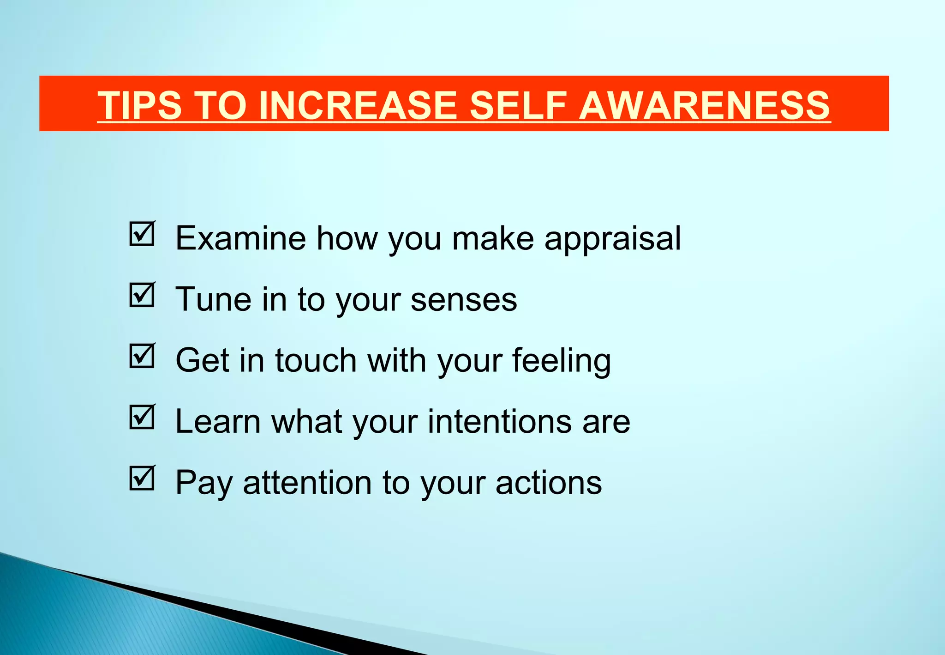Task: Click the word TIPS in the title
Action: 140,105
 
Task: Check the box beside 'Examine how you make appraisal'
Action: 142,234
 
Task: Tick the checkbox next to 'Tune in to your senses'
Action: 142,295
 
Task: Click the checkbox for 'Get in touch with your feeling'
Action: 142,356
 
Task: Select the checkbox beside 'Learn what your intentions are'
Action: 142,417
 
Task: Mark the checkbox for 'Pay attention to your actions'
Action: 142,478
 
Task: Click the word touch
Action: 316,360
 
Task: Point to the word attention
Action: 307,483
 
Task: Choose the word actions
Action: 549,483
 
